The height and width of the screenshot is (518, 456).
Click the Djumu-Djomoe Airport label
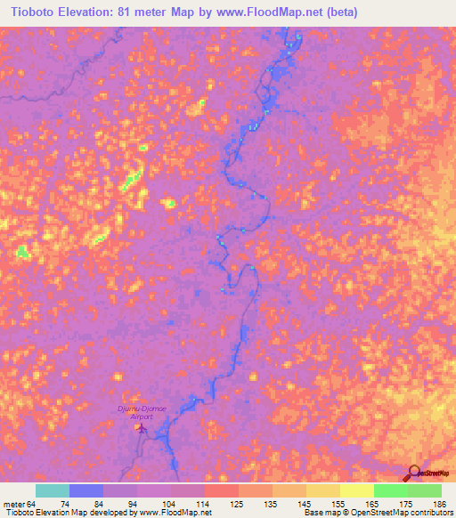[142, 411]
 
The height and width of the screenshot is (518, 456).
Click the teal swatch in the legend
[53, 491]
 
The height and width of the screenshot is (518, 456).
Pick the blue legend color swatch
[86, 491]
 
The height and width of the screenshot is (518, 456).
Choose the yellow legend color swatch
[357, 491]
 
